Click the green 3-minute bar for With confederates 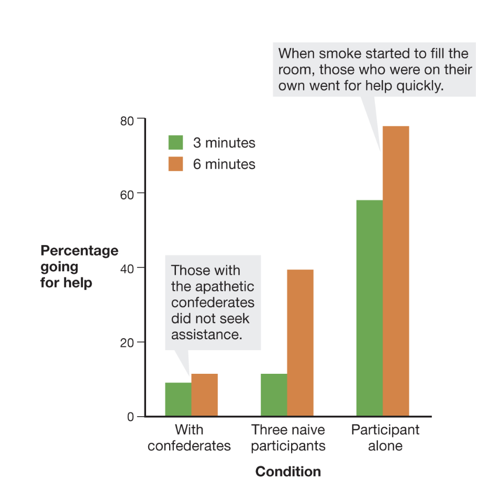[x=178, y=399]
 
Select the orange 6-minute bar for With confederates [x=204, y=395]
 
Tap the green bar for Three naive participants [x=274, y=395]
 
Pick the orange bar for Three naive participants [x=300, y=343]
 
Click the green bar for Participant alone [x=370, y=308]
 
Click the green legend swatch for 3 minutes [x=175, y=142]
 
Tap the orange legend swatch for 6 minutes [x=175, y=164]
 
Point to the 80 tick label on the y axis [x=128, y=119]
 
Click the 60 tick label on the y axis [x=128, y=194]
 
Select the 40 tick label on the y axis [x=128, y=268]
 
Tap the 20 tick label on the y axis [x=128, y=342]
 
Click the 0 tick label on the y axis [x=131, y=417]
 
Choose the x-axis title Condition [x=288, y=472]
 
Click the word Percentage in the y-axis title [x=80, y=251]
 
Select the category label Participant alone [x=385, y=438]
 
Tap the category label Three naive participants [x=288, y=438]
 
